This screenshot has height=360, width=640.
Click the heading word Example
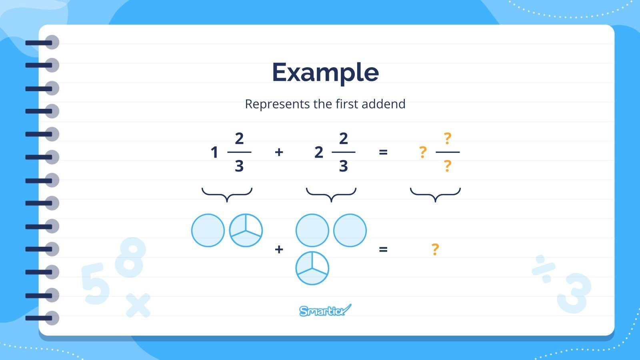tap(325, 72)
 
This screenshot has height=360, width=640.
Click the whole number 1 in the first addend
tap(214, 152)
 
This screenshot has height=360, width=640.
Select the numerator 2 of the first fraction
tap(239, 139)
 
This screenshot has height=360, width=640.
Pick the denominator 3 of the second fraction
tap(343, 166)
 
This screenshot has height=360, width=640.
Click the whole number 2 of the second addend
tap(318, 152)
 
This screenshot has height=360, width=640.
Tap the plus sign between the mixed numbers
tap(279, 152)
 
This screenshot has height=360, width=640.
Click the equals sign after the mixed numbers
tap(383, 152)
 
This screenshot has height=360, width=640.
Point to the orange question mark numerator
tap(448, 139)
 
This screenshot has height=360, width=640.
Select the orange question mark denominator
tap(448, 166)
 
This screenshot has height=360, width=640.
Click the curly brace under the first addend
tap(227, 194)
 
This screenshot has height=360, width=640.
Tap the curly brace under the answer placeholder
tap(435, 194)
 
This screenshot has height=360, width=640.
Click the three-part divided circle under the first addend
tap(246, 230)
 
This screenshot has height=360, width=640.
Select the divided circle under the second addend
tap(312, 268)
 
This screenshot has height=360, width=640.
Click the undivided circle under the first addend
tap(208, 230)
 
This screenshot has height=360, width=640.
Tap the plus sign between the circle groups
tap(279, 249)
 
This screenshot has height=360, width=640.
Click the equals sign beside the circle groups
tap(383, 249)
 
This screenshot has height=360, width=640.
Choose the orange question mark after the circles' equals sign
tap(435, 249)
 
